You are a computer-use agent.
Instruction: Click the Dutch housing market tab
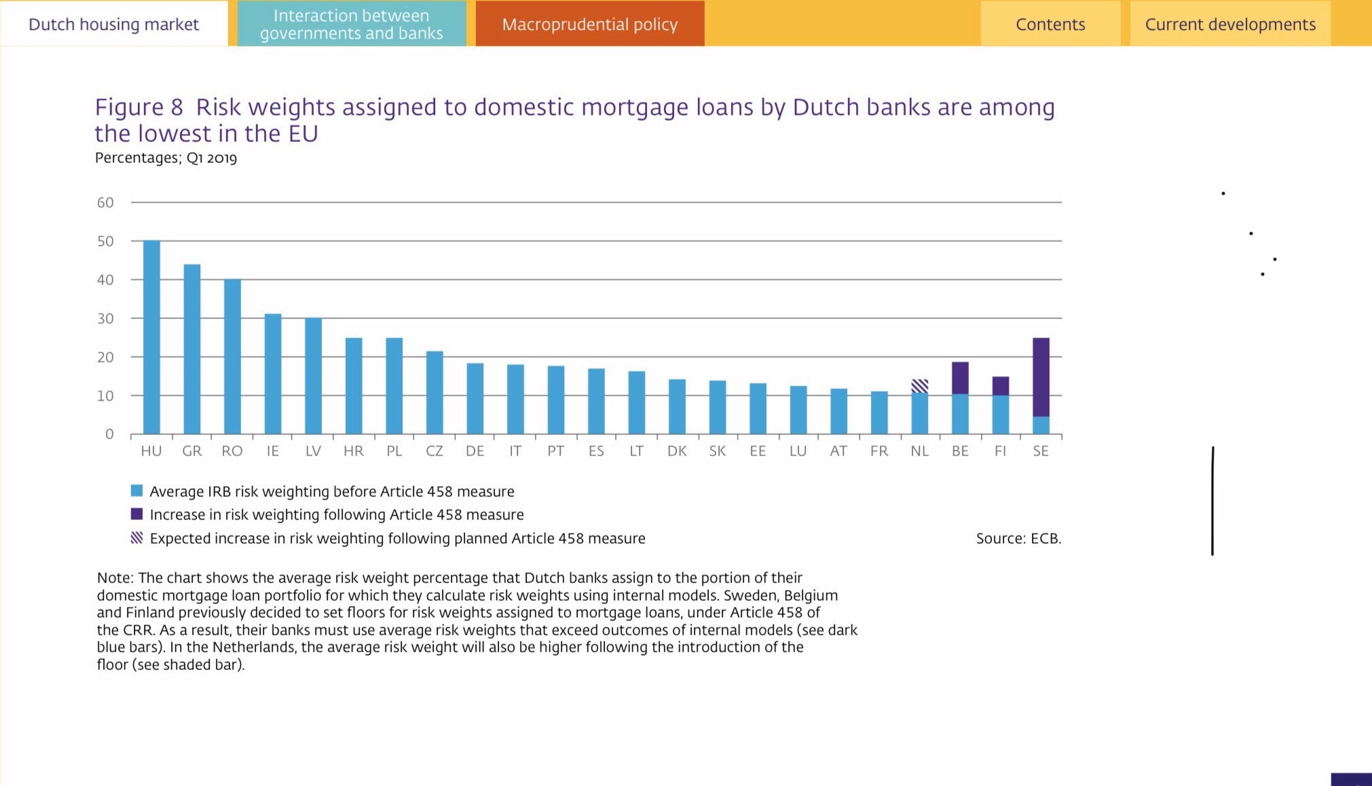click(113, 24)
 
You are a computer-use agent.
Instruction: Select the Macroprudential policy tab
click(589, 24)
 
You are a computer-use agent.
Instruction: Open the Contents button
click(1050, 24)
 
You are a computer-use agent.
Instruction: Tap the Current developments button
click(1229, 24)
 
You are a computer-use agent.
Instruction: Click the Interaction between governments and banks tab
click(351, 24)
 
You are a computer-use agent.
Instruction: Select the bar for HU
click(151, 337)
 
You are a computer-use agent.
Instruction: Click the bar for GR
click(192, 349)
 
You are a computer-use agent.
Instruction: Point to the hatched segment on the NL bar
click(919, 386)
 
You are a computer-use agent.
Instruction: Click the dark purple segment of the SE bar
click(1040, 377)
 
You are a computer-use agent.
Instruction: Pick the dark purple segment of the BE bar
click(959, 377)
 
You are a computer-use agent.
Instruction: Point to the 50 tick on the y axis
click(105, 241)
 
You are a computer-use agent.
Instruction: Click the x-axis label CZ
click(434, 451)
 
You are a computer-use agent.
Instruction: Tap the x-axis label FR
click(878, 451)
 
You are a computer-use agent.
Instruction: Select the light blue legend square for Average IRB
click(136, 491)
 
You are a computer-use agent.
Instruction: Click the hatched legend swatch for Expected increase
click(136, 538)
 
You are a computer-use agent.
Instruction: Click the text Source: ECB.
click(1018, 538)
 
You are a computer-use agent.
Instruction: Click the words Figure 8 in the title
click(139, 107)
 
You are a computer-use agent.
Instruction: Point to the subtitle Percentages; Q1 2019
click(166, 158)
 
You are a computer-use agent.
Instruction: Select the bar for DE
click(475, 398)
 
